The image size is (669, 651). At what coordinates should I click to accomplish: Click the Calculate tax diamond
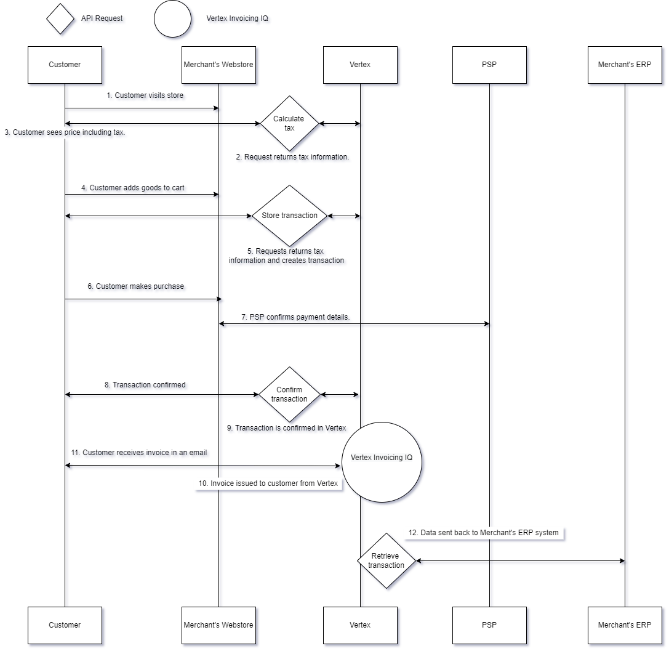pos(289,124)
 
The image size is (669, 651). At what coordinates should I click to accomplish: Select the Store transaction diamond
pos(289,216)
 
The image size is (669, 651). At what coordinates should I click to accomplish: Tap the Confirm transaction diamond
pos(289,394)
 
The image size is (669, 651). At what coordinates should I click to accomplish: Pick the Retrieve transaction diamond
pos(387,560)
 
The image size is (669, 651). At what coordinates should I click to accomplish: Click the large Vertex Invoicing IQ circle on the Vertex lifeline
pos(382,462)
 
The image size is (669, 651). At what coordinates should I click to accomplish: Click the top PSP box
pos(489,65)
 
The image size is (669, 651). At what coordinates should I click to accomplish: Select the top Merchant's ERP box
pos(625,65)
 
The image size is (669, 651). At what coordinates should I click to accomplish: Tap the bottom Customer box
pos(65,625)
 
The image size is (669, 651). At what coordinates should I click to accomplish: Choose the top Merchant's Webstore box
pos(218,65)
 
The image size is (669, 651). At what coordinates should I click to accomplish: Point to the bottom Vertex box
pos(360,625)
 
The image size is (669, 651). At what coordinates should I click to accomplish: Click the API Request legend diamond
pos(61,18)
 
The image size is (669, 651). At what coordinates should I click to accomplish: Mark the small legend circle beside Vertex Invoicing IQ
pos(173,19)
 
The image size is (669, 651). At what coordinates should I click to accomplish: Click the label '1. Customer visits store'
pos(145,95)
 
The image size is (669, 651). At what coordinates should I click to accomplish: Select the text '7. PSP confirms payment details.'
pos(295,317)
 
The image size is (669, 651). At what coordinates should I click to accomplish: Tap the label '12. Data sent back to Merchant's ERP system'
pos(484,532)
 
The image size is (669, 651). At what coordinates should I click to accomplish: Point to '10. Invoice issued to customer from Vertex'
pos(268,483)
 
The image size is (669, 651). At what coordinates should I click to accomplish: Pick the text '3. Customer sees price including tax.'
pos(65,132)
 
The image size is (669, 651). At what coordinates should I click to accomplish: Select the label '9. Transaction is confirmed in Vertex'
pos(287,428)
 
